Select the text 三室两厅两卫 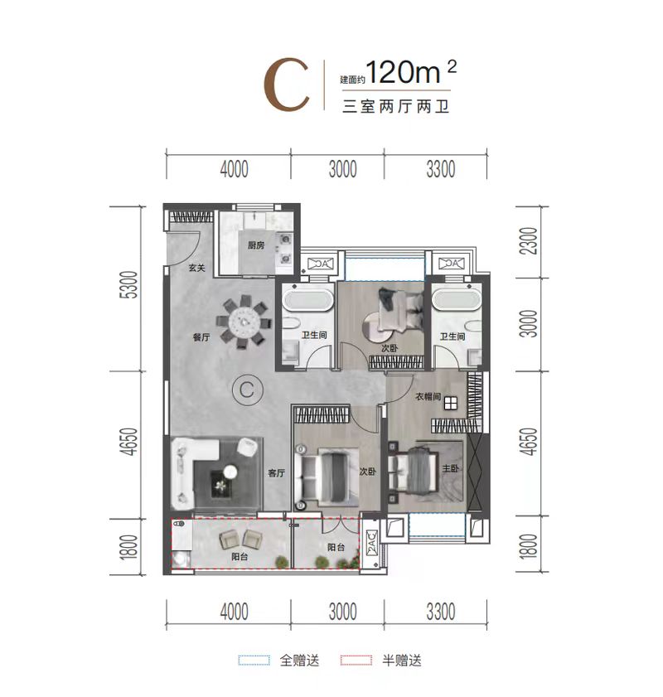(395, 107)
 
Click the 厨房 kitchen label (256, 245)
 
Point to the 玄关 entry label (197, 268)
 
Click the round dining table (244, 322)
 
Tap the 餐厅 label (201, 337)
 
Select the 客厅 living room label (277, 473)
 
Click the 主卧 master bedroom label (450, 468)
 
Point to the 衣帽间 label (428, 396)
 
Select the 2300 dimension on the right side (530, 241)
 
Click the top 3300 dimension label (440, 169)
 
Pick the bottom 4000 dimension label (235, 612)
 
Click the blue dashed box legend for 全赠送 (254, 660)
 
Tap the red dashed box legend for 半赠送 (356, 660)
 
